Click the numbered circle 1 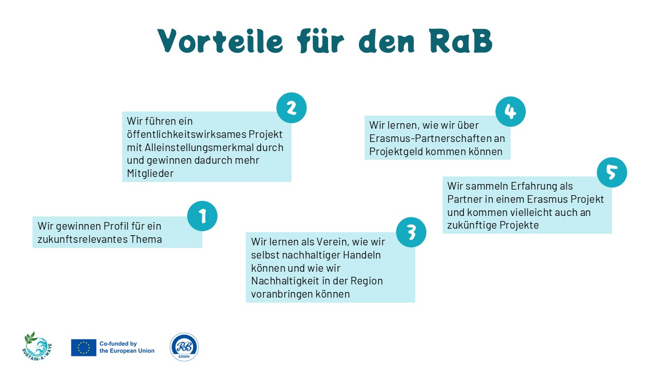point(202,216)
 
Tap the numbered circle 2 point(292,108)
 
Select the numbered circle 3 point(411,232)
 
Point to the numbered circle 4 point(511,112)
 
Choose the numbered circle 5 point(612,172)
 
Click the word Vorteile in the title point(220,41)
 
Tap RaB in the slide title point(461,41)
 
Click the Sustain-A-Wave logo point(37,346)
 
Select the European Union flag point(84,348)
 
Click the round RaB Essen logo point(184,347)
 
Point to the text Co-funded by point(118,344)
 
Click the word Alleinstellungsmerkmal point(199,148)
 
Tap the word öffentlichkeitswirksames point(186,134)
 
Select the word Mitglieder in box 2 point(150,173)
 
